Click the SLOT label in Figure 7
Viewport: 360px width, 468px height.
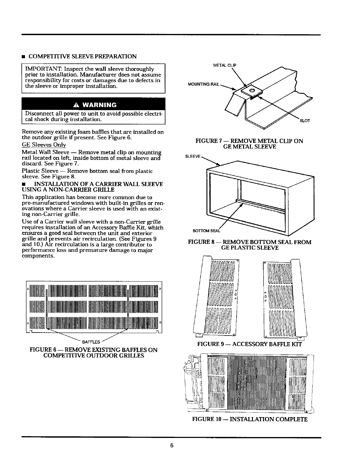click(x=305, y=121)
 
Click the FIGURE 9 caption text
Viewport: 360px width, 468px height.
click(x=250, y=344)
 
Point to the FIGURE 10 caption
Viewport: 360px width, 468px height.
click(x=250, y=419)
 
